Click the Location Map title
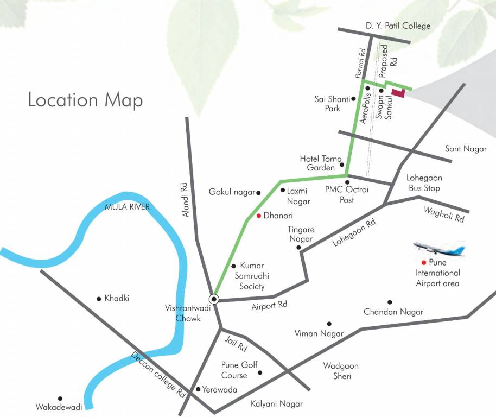pyautogui.click(x=85, y=100)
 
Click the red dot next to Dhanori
pyautogui.click(x=259, y=216)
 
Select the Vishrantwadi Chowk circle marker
pyautogui.click(x=214, y=299)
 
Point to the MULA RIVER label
pyautogui.click(x=127, y=207)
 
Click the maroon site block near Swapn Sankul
pyautogui.click(x=399, y=93)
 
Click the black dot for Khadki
pyautogui.click(x=99, y=298)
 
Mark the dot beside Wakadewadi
pyautogui.click(x=60, y=398)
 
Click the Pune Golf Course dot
pyautogui.click(x=260, y=372)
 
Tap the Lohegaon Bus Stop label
pyautogui.click(x=424, y=183)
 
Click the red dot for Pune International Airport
pyautogui.click(x=423, y=263)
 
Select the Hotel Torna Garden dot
pyautogui.click(x=342, y=165)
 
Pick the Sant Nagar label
pyautogui.click(x=466, y=148)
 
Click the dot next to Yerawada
pyautogui.click(x=198, y=389)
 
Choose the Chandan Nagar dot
pyautogui.click(x=389, y=302)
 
